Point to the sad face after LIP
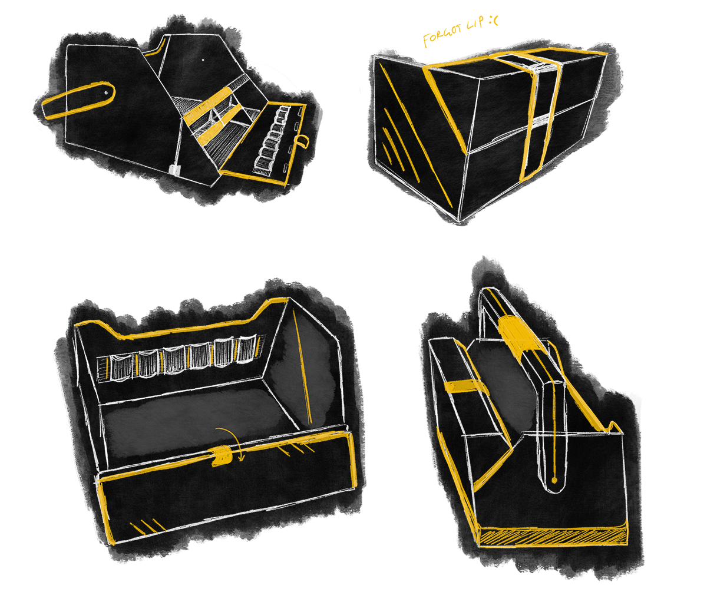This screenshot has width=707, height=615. coord(494,21)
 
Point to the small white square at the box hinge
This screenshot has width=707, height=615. coord(174,170)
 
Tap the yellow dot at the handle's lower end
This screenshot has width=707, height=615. coord(554,481)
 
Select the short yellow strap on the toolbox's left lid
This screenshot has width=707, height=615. coord(463,386)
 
